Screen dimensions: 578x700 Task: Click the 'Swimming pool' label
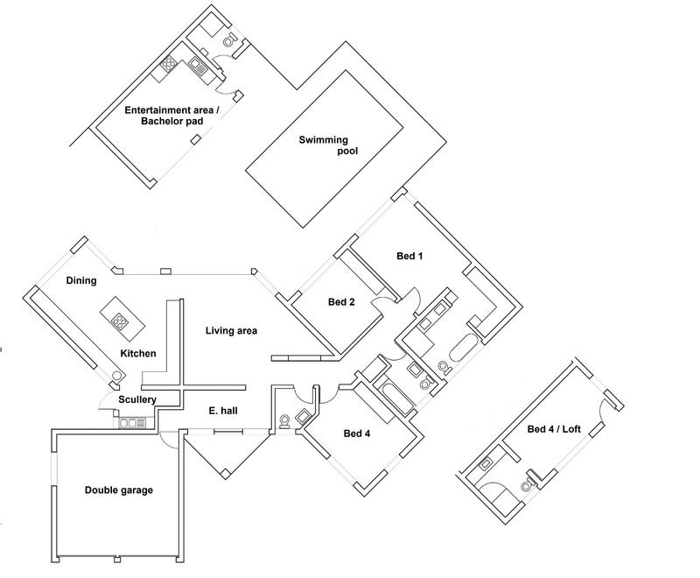[x=325, y=145]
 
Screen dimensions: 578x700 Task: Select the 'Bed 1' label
[x=409, y=257]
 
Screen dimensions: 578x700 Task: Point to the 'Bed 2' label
[x=341, y=303]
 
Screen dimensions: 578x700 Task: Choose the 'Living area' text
[x=231, y=330]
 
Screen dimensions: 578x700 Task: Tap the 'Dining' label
[x=80, y=281]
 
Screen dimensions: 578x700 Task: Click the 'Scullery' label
[x=138, y=400]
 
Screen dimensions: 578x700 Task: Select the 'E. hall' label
[x=224, y=410]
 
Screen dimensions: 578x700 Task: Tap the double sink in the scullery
[x=133, y=423]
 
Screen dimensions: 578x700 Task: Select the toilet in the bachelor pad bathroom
[x=229, y=39]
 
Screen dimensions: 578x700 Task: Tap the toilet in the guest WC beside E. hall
[x=286, y=422]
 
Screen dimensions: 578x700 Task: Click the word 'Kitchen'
[x=138, y=353]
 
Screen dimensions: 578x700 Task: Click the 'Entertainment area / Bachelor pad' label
[x=164, y=116]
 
